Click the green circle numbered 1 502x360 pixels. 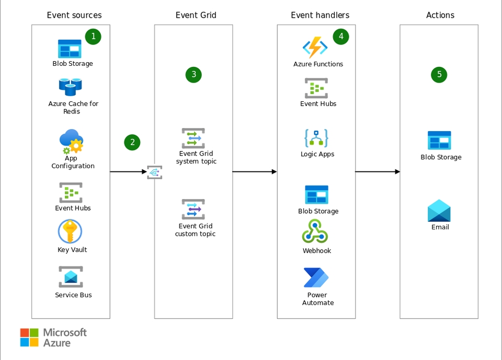point(93,37)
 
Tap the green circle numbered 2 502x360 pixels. point(132,142)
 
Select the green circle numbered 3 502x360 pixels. point(193,75)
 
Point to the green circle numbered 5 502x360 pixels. point(439,75)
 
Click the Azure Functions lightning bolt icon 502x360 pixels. point(315,48)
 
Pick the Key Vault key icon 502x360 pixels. point(70,231)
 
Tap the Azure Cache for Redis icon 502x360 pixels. point(70,87)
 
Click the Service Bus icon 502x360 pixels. point(71,277)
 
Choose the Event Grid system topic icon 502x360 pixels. point(193,138)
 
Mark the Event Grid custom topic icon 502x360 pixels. point(193,210)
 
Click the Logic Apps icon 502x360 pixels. point(316,138)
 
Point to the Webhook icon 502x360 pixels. point(315,231)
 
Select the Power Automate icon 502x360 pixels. point(316,278)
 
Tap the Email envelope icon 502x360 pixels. point(439,211)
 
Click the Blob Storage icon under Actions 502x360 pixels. point(439,141)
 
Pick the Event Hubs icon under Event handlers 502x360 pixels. point(316,88)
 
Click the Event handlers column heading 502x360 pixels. point(320,15)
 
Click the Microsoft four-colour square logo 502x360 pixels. point(29,338)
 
